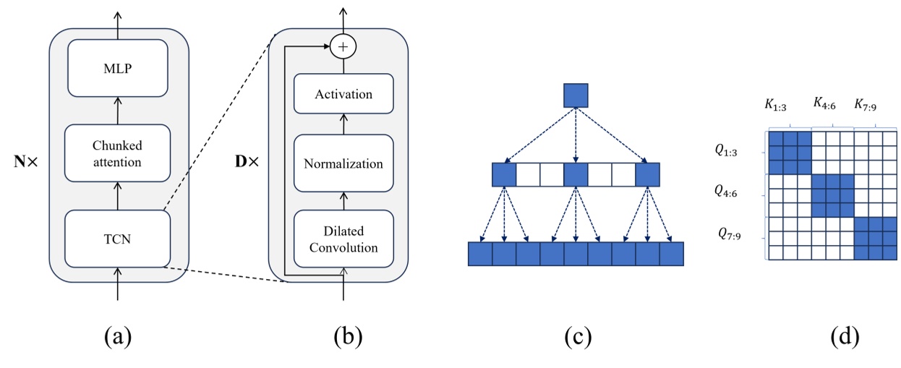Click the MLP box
[118, 69]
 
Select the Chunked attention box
[118, 153]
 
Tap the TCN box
[118, 238]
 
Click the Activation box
[343, 94]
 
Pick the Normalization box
[343, 163]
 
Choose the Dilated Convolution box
[343, 239]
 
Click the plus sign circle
[343, 47]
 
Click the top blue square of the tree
[576, 95]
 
